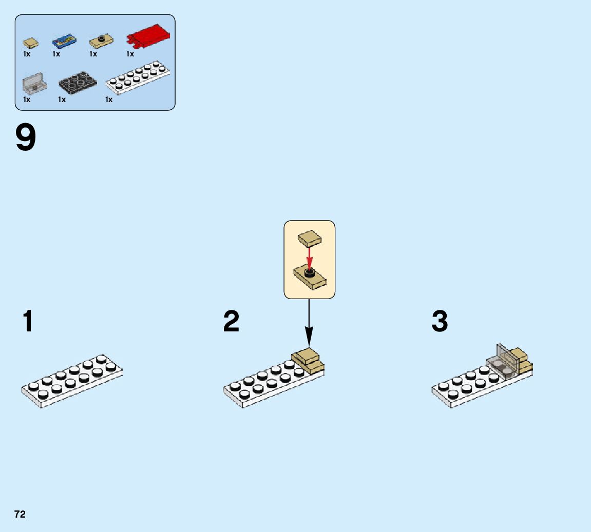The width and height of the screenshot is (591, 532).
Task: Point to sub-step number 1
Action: click(28, 322)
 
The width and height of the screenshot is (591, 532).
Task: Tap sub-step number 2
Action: click(231, 322)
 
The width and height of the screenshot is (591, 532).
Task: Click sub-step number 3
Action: click(440, 322)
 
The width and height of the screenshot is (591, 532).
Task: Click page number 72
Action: click(20, 515)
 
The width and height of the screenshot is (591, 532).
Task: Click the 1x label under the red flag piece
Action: click(130, 54)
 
